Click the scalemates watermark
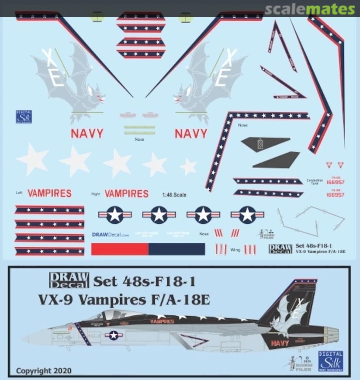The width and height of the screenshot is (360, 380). click(309, 9)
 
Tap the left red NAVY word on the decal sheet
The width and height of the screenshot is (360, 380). click(87, 134)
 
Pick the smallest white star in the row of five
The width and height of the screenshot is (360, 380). click(188, 166)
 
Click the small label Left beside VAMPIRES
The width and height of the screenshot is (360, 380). click(19, 193)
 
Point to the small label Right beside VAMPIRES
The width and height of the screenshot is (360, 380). click(96, 194)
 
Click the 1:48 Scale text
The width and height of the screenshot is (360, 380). click(174, 195)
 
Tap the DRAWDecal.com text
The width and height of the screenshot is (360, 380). click(110, 235)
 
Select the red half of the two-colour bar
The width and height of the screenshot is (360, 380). click(120, 249)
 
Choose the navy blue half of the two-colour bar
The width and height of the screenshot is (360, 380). click(176, 249)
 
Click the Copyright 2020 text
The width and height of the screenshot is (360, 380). click(44, 370)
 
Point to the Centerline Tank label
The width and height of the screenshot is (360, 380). click(314, 182)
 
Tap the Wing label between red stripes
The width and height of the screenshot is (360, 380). click(235, 250)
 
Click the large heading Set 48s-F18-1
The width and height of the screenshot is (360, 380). click(144, 282)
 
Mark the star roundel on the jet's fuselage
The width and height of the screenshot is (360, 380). click(113, 335)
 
